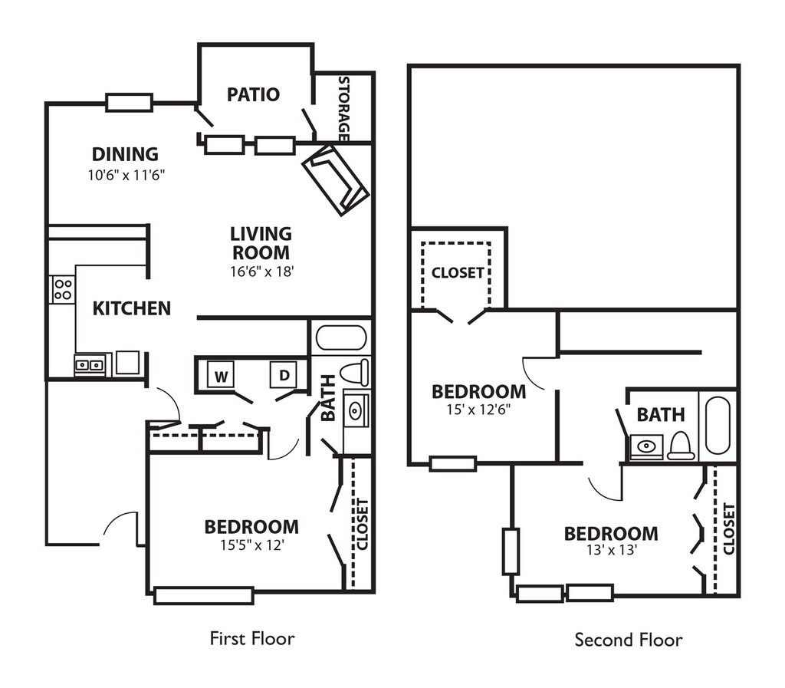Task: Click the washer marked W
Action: coord(222,376)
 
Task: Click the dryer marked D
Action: coord(284,375)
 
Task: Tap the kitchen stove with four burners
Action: coord(62,289)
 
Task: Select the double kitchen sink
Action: coord(89,365)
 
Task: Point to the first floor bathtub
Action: coord(341,337)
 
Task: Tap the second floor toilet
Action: coord(681,446)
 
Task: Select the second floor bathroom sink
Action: coord(645,446)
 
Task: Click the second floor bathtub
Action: coord(719,425)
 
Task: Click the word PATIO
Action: coord(253,94)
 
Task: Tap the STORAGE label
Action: coord(343,108)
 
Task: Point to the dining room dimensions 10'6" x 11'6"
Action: coord(126,175)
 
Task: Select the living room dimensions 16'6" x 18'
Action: coord(261,270)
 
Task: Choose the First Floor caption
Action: coord(252,637)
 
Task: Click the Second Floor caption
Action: coord(629,639)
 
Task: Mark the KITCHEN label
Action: coord(132,308)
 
